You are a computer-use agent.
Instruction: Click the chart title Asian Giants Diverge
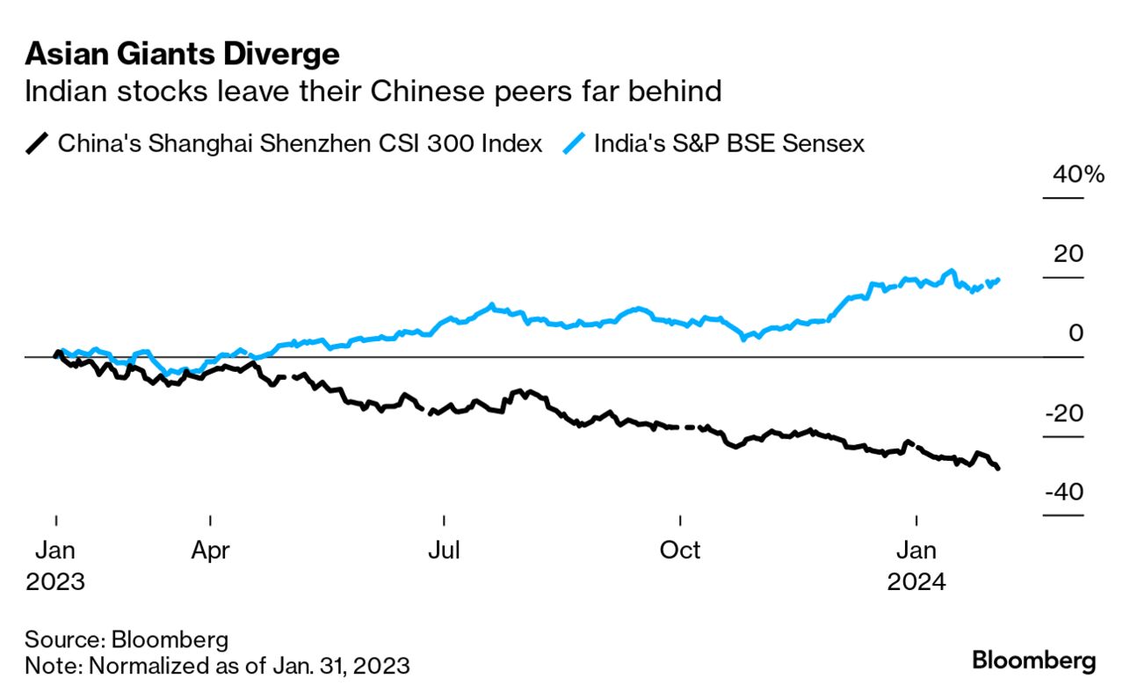click(x=182, y=55)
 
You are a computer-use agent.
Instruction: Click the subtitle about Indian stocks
click(x=373, y=91)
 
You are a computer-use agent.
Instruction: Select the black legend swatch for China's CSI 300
click(x=38, y=142)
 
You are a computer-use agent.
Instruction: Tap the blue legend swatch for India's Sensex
click(x=574, y=142)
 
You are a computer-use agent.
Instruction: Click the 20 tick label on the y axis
click(x=1069, y=254)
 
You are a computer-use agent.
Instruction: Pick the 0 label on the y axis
click(x=1076, y=333)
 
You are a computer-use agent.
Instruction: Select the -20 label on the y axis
click(x=1064, y=413)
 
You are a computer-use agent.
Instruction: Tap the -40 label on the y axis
click(x=1064, y=492)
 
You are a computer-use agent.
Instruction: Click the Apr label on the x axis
click(x=211, y=551)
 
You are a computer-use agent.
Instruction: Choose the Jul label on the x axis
click(x=445, y=551)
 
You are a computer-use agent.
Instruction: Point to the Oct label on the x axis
click(x=680, y=551)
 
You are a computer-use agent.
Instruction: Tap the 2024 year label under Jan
click(x=916, y=582)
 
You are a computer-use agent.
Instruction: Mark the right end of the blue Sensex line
click(x=998, y=280)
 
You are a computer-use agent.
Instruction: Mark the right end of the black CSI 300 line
click(x=998, y=468)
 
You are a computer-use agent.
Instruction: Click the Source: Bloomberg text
click(x=127, y=638)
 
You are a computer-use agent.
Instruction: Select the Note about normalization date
click(x=217, y=665)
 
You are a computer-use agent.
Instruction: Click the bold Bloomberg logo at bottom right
click(x=1033, y=660)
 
